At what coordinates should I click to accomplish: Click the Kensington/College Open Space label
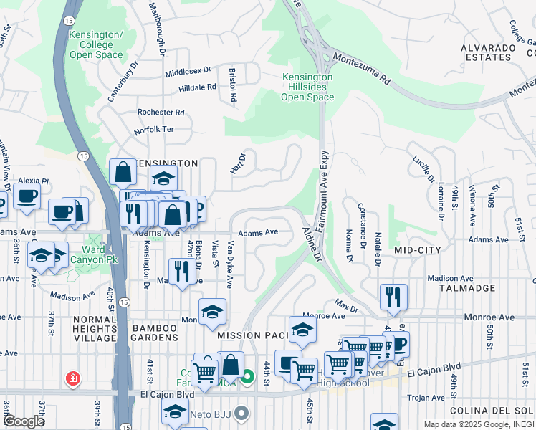[96, 44]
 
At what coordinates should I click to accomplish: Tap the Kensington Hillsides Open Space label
[307, 87]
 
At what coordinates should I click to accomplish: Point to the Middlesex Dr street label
[188, 71]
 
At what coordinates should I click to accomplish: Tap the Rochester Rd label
[161, 113]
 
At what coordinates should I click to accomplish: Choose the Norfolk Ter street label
[154, 131]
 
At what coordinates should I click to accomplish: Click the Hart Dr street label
[238, 163]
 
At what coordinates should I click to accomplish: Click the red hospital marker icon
[72, 378]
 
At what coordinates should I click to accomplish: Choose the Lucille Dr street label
[426, 171]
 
